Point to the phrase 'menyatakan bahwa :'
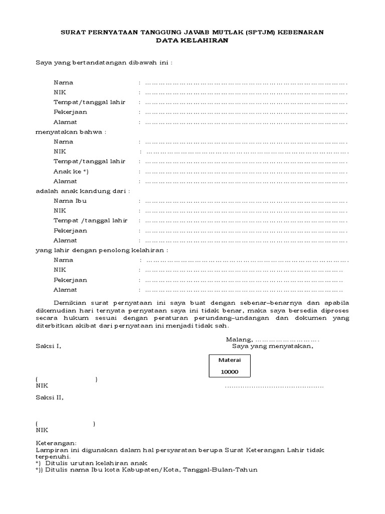click(71, 132)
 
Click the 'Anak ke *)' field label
click(71, 172)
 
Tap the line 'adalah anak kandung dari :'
click(83, 191)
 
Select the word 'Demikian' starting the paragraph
click(69, 304)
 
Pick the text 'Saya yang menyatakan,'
click(272, 346)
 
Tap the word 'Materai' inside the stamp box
click(229, 360)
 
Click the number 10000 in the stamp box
click(229, 372)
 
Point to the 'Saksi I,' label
click(48, 346)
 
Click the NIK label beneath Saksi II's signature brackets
click(42, 430)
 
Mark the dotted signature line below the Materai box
click(274, 387)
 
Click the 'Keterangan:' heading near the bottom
click(56, 444)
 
